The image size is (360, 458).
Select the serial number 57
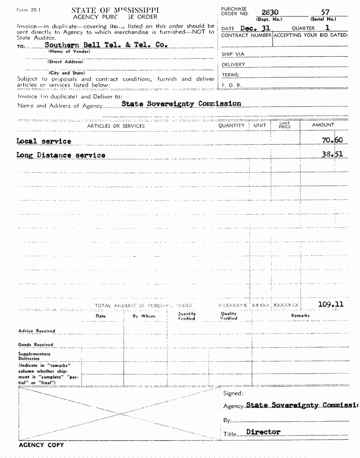[x=325, y=12]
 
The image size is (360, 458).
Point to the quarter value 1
[x=328, y=28]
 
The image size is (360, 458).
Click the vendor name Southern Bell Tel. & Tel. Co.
[x=106, y=45]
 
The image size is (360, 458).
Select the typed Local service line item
[x=44, y=141]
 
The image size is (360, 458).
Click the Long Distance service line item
[x=61, y=155]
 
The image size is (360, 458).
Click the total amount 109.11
[x=331, y=305]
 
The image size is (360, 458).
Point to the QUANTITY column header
[x=232, y=125]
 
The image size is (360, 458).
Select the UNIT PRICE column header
[x=285, y=126]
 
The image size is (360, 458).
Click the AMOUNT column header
[x=323, y=125]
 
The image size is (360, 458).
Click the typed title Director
[x=263, y=432]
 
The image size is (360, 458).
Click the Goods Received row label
[x=36, y=345]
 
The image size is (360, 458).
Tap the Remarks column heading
[x=301, y=315]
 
